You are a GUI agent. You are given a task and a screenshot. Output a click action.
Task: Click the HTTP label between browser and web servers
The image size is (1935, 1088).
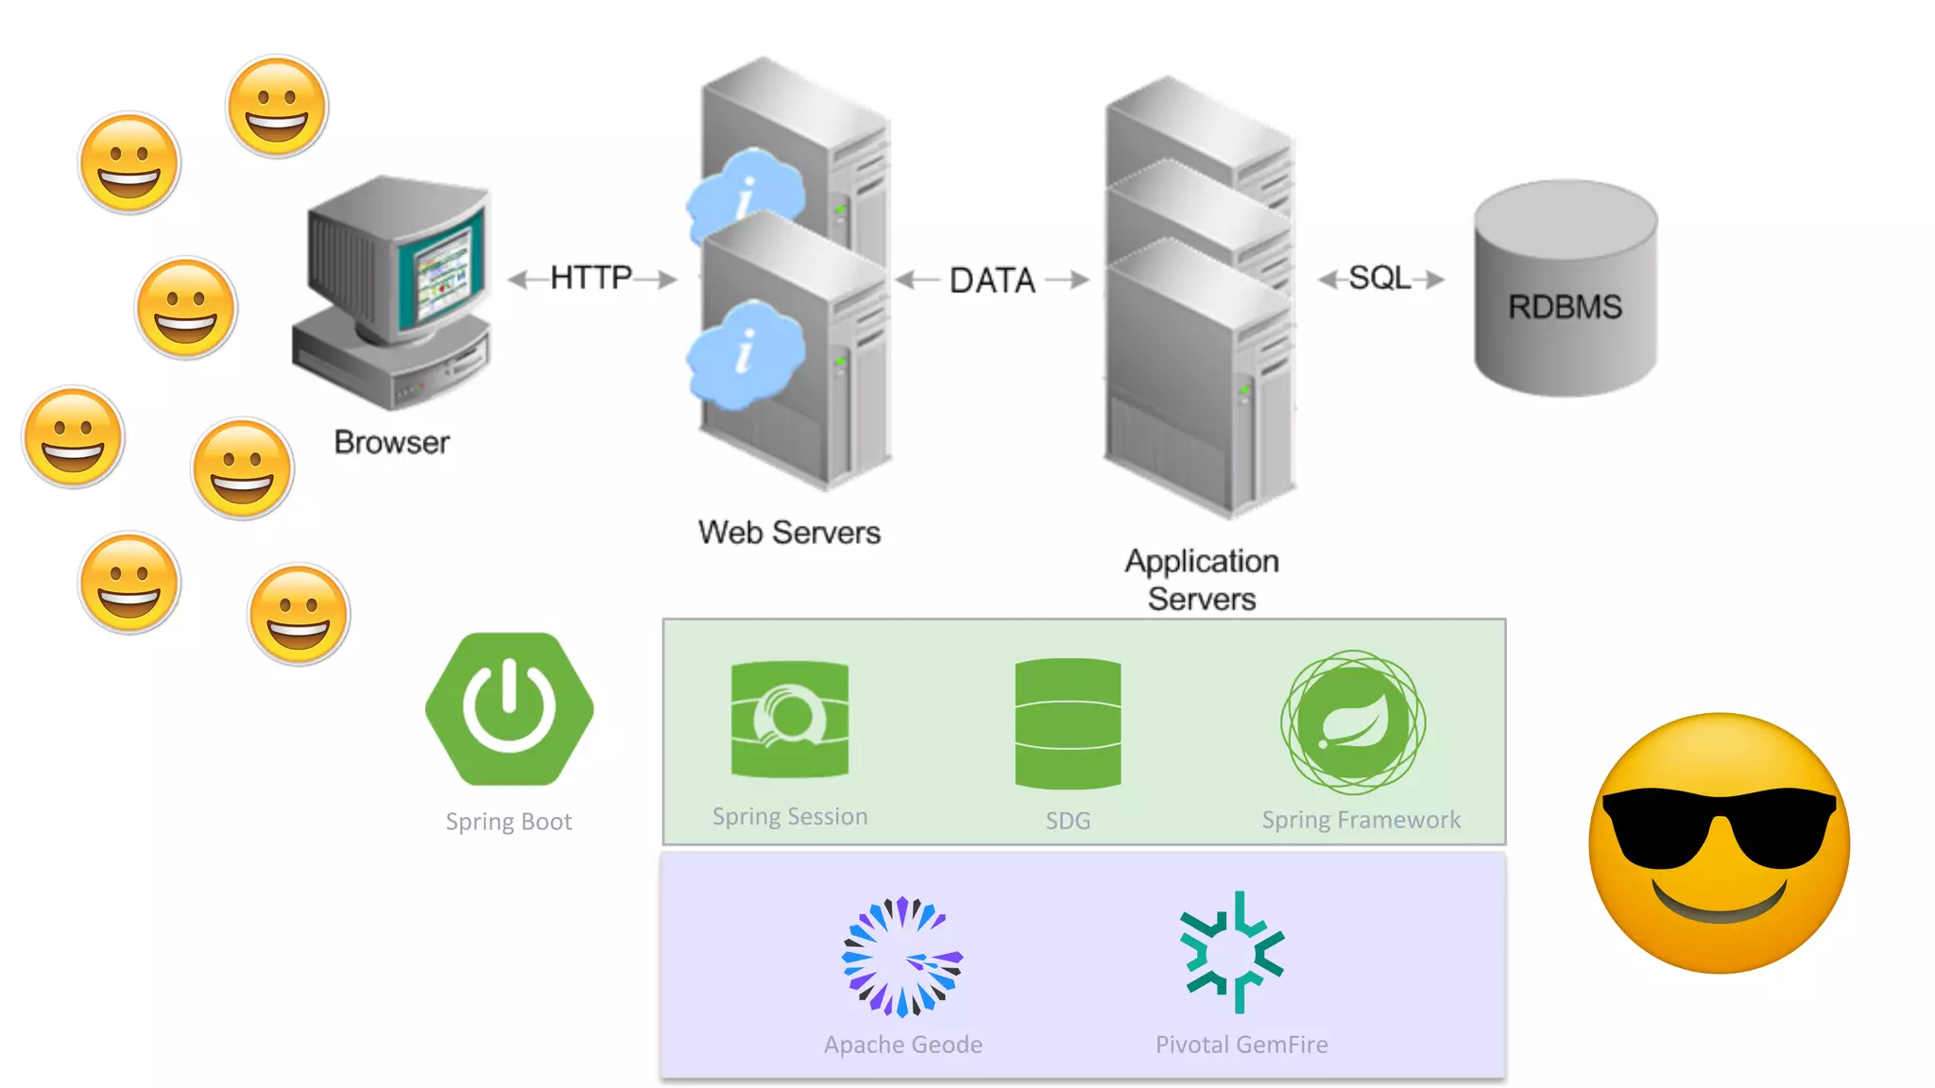click(x=591, y=278)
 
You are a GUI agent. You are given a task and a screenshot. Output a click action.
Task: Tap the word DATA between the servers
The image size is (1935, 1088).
click(x=992, y=280)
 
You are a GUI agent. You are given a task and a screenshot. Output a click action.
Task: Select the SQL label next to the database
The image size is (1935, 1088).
click(x=1378, y=278)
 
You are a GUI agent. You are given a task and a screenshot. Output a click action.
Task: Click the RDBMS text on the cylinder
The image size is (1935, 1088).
click(x=1565, y=307)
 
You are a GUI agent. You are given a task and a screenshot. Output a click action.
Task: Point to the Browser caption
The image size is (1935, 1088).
click(x=391, y=442)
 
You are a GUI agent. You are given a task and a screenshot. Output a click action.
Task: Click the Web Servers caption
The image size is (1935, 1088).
click(x=789, y=533)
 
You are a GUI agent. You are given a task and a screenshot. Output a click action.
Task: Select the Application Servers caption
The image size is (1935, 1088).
click(x=1201, y=580)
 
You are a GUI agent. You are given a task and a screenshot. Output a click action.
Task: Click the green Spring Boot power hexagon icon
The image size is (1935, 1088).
click(x=509, y=708)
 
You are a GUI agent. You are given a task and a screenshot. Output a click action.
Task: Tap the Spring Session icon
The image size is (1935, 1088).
click(x=790, y=720)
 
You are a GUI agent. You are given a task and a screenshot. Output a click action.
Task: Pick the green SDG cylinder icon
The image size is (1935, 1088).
click(x=1068, y=723)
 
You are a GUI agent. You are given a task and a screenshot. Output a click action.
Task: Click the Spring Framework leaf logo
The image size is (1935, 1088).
click(x=1353, y=722)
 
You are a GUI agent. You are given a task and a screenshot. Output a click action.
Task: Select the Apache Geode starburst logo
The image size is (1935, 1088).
click(x=902, y=956)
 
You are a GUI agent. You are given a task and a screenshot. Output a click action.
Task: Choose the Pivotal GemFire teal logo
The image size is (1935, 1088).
click(x=1232, y=953)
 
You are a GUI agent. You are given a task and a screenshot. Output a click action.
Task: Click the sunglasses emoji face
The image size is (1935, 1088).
click(x=1719, y=843)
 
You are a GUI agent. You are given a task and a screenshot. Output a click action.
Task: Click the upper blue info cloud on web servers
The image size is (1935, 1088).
click(x=746, y=194)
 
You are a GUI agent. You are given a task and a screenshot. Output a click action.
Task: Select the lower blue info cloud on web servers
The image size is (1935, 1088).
click(x=745, y=353)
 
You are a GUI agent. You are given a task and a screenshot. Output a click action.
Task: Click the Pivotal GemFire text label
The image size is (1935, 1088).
click(x=1241, y=1045)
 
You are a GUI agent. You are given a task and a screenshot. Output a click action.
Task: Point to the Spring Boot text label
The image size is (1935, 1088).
click(x=508, y=822)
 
